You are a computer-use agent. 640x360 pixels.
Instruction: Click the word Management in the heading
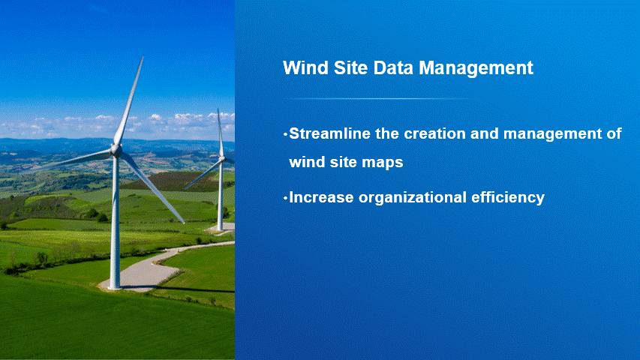click(476, 67)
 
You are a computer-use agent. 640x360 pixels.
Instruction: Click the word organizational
click(413, 198)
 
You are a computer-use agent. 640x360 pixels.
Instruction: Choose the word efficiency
click(508, 198)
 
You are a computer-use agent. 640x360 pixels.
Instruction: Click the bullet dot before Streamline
click(285, 134)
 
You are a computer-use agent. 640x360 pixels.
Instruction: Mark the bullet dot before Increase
click(285, 198)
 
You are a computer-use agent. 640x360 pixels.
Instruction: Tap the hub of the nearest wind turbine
click(116, 150)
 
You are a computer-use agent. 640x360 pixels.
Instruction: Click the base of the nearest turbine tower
click(115, 286)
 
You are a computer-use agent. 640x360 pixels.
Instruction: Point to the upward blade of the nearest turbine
click(129, 100)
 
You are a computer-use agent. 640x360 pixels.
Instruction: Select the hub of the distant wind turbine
click(222, 158)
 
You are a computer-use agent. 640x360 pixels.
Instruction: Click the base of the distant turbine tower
click(220, 229)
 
